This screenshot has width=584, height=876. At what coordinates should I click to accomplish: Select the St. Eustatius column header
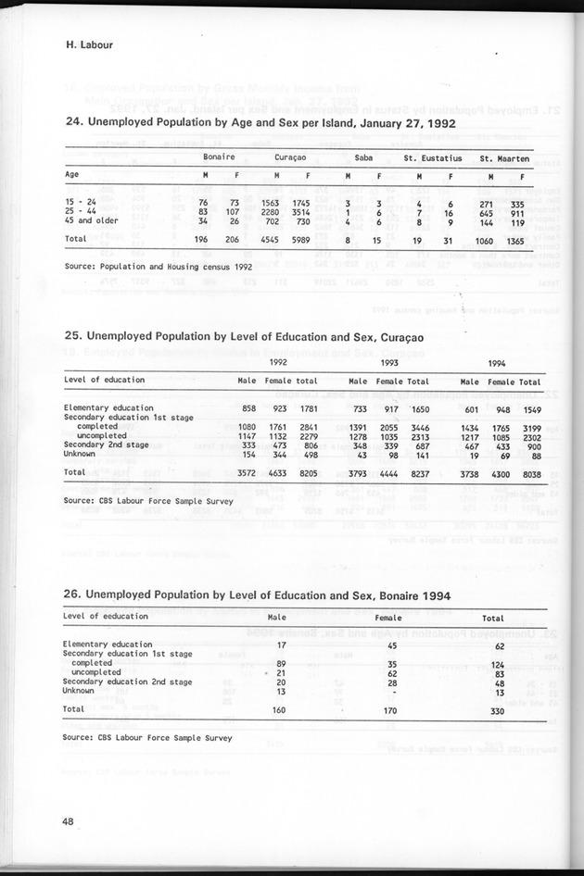(x=433, y=157)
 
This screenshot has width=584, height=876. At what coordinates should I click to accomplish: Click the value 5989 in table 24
(x=319, y=239)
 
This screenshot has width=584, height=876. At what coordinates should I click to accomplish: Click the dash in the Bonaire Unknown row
(x=392, y=691)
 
